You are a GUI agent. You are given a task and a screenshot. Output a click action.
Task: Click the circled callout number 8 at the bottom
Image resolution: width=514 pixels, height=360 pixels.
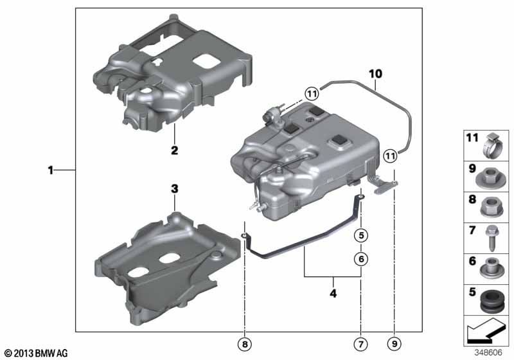[245, 344]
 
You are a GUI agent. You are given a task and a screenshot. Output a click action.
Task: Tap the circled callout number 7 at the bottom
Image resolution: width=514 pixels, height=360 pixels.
[361, 344]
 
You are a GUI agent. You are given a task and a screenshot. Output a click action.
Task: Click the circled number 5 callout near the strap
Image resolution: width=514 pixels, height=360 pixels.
[361, 235]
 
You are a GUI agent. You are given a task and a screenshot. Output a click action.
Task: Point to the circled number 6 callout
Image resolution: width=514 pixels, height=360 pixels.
[361, 259]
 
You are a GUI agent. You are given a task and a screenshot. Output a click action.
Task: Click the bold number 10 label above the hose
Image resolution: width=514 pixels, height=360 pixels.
[375, 74]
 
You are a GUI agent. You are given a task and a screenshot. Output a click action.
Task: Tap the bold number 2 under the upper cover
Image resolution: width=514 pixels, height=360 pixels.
[174, 150]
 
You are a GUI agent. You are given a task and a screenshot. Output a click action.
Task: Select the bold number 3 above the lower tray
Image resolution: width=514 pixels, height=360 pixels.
[175, 189]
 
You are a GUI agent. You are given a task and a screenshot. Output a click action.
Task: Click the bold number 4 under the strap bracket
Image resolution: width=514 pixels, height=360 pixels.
[333, 293]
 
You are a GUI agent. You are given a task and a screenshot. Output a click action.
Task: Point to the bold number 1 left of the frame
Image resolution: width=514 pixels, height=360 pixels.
[51, 170]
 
